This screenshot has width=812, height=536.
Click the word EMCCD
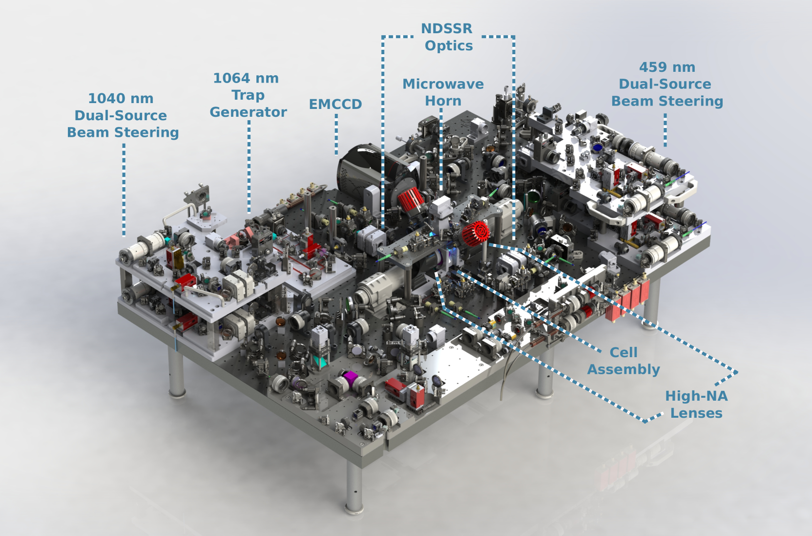coord(335,104)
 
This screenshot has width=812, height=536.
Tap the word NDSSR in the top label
coord(447,28)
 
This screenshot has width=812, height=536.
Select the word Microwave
coord(443,84)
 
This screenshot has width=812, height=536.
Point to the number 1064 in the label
coord(230,78)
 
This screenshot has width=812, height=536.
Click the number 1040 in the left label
coord(105,98)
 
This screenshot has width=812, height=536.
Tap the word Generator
coord(249,112)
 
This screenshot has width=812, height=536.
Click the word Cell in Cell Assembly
coord(623,352)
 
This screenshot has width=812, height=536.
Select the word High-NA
coord(696,396)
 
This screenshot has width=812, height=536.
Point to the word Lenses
coord(696,413)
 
